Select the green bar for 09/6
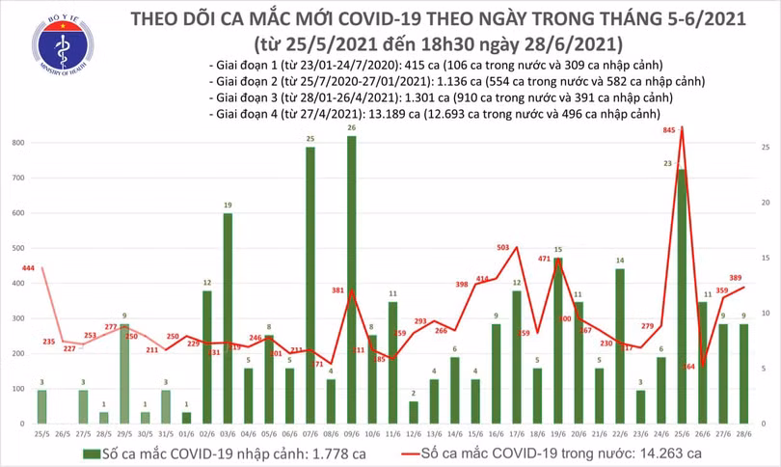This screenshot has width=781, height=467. pos(351,280)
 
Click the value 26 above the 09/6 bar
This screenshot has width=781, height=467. pos(351,128)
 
